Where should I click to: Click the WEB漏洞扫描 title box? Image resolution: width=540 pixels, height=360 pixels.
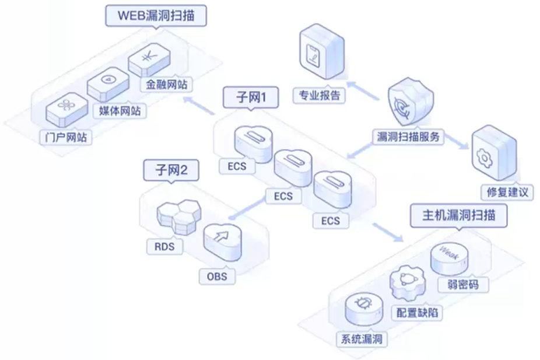[x=156, y=16]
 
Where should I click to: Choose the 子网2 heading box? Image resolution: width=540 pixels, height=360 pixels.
[x=171, y=170]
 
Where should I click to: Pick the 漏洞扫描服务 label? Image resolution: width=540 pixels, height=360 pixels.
[x=408, y=137]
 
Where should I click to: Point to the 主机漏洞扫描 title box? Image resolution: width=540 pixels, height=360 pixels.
[x=458, y=214]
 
